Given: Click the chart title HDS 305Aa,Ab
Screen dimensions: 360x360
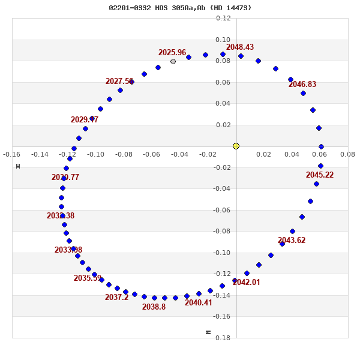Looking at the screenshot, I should (180, 8).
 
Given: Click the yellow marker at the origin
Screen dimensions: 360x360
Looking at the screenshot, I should (236, 146).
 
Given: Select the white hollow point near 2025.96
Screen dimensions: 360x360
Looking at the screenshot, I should (173, 61).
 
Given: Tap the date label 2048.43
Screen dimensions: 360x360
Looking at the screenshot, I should (240, 47).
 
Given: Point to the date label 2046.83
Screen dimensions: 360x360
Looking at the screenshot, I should (302, 85).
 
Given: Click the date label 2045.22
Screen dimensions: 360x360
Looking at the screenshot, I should (320, 175).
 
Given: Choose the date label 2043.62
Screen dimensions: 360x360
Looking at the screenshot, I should (292, 241).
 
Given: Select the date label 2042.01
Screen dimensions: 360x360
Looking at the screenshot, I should (247, 283).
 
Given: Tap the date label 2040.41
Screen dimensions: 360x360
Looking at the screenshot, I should (199, 303).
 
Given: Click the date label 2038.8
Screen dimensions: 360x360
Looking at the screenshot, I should (154, 307).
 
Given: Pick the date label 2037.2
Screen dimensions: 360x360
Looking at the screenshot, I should (117, 298).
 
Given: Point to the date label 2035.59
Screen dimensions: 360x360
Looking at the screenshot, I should (88, 278).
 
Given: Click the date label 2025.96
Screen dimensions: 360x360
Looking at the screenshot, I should (172, 53).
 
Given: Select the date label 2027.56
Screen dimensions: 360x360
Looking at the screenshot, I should (119, 82).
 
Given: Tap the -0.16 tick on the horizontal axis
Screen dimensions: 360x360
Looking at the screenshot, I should (11, 154).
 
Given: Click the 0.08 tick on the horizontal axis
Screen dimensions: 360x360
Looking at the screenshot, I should (347, 154).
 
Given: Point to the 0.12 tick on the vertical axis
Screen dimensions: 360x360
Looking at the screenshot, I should (223, 19).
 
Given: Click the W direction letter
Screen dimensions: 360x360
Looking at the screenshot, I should (18, 166).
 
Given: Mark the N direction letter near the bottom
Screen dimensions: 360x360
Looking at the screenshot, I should (208, 332).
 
